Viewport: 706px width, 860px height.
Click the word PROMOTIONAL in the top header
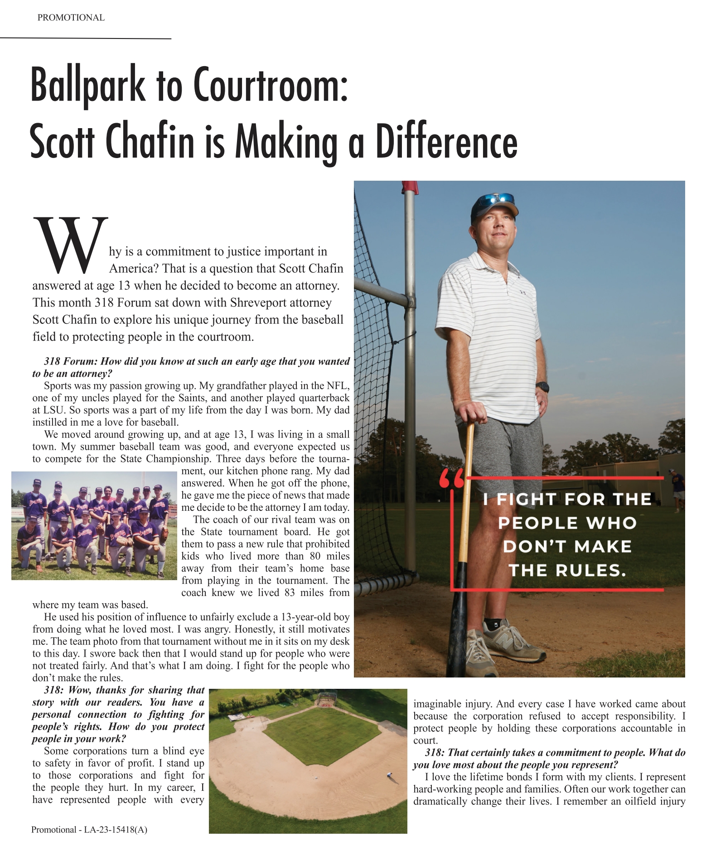pyautogui.click(x=71, y=18)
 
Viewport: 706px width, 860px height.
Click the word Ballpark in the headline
pyautogui.click(x=87, y=85)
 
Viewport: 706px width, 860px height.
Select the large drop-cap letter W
pyautogui.click(x=71, y=245)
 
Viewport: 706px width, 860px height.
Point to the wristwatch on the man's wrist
pyautogui.click(x=542, y=387)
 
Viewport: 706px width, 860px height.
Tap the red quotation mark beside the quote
pyautogui.click(x=451, y=479)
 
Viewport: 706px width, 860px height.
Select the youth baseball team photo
pyautogui.click(x=94, y=525)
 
